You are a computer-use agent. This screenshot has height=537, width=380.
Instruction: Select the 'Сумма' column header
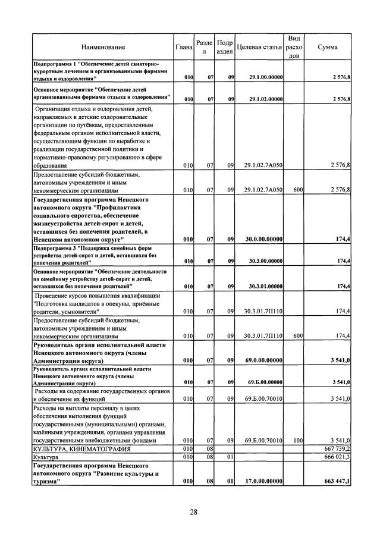328,47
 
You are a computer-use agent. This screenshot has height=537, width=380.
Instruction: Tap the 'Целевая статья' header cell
259,47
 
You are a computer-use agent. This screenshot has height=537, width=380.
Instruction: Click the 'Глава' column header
184,47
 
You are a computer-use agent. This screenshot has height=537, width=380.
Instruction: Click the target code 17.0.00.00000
263,481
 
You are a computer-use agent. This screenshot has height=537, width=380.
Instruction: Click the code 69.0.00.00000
263,360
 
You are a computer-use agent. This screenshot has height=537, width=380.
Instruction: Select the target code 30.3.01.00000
263,287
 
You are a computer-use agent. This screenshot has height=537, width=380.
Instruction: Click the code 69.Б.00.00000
263,381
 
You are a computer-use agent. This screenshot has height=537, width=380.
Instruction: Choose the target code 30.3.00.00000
263,260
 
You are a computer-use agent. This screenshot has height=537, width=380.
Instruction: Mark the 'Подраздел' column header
225,47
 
